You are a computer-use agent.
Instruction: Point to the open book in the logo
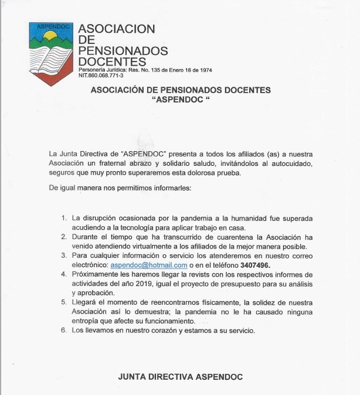[x=52, y=57]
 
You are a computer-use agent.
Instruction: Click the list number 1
[x=64, y=219]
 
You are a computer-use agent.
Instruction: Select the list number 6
[x=64, y=331]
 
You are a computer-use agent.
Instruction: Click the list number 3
[x=64, y=256]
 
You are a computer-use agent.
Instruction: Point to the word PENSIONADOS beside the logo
[x=123, y=50]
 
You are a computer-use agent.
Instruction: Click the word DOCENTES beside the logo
[x=112, y=62]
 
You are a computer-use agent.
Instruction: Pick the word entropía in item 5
[x=86, y=321]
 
